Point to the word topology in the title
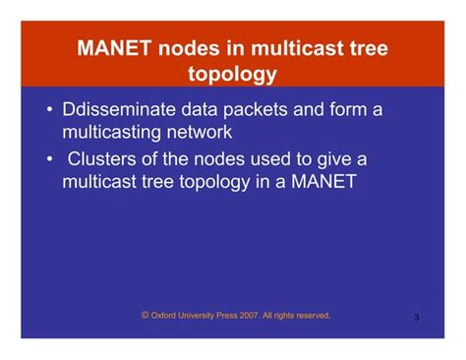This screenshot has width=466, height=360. tap(232, 74)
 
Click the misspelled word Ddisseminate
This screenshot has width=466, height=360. tap(121, 110)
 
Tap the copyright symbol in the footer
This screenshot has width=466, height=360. tap(146, 315)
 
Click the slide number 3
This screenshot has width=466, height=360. tap(417, 318)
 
